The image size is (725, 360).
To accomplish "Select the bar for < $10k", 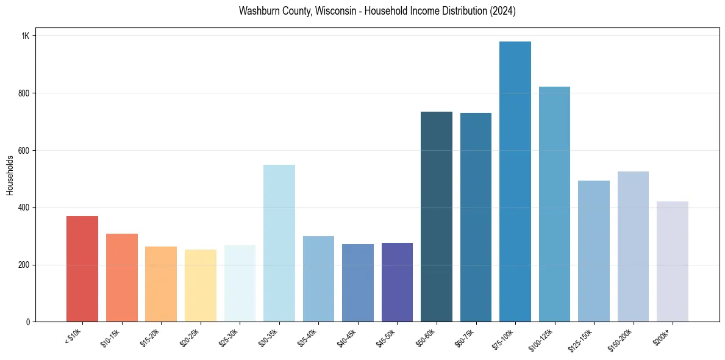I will (x=82, y=269).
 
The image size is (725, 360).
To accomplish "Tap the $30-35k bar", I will (x=279, y=243).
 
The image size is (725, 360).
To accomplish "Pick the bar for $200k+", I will (x=673, y=262).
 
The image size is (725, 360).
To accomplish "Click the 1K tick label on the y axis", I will (x=26, y=36).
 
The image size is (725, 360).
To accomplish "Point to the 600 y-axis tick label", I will (x=24, y=151).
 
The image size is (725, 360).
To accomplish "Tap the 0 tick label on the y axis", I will (x=27, y=322).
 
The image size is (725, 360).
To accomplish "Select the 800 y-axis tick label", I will (x=24, y=93).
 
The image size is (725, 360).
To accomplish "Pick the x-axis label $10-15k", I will (x=111, y=337).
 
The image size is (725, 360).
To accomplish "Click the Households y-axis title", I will (x=10, y=175).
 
